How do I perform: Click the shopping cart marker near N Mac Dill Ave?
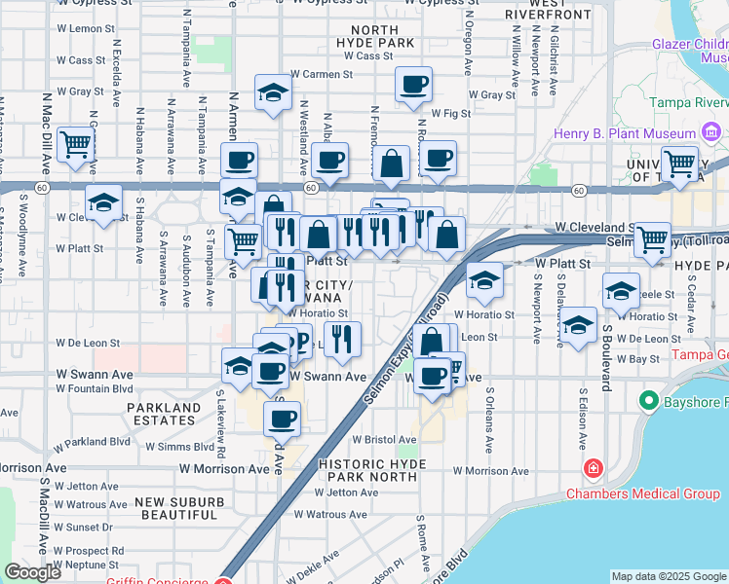75,144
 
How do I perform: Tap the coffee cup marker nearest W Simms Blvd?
282,419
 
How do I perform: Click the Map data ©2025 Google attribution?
668,576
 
